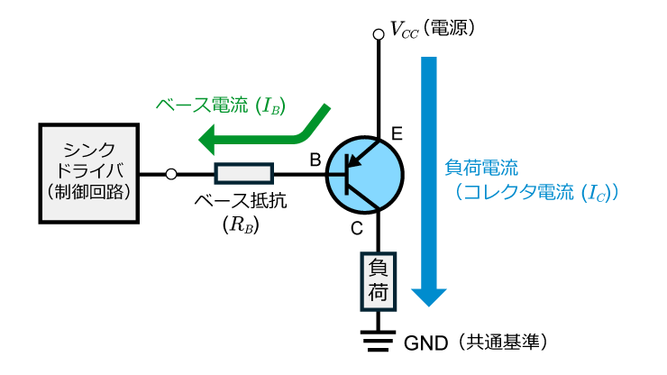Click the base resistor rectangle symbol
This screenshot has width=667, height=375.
pyautogui.click(x=243, y=173)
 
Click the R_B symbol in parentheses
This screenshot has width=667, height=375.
pyautogui.click(x=241, y=226)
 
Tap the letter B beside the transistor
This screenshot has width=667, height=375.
pyautogui.click(x=315, y=160)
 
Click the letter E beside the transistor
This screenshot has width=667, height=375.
pyautogui.click(x=397, y=135)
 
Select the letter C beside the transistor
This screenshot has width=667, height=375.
pyautogui.click(x=357, y=229)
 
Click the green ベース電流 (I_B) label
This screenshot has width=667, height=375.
pyautogui.click(x=220, y=105)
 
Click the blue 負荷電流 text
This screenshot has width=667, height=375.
pyautogui.click(x=482, y=168)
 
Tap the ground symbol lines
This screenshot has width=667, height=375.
pyautogui.click(x=379, y=341)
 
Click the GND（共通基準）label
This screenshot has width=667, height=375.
pyautogui.click(x=476, y=343)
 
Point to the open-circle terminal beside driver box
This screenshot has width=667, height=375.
pyautogui.click(x=172, y=173)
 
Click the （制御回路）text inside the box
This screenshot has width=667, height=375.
pyautogui.click(x=89, y=193)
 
